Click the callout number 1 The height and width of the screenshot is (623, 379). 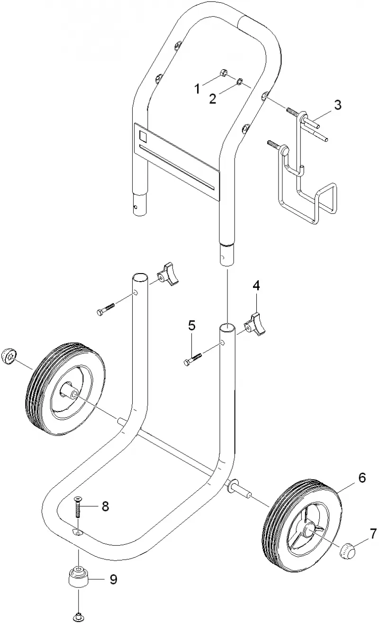(x=197, y=89)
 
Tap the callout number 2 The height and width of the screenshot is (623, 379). (x=213, y=99)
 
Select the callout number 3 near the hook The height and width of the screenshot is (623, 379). (x=338, y=105)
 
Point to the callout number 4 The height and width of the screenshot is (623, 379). (x=256, y=285)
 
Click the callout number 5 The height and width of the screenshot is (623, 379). (x=192, y=325)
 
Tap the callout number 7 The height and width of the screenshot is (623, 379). (x=373, y=533)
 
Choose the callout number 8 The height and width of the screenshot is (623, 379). (x=105, y=506)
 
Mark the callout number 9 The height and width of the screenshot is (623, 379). (x=113, y=579)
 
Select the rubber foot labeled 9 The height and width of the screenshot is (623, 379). (x=78, y=577)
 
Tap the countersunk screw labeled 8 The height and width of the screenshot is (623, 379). (x=77, y=507)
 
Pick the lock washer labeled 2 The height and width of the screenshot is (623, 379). (x=240, y=82)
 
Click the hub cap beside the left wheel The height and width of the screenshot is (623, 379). (x=9, y=356)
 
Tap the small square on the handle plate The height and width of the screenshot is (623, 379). (x=143, y=136)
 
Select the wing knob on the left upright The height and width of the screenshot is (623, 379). (x=168, y=275)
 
